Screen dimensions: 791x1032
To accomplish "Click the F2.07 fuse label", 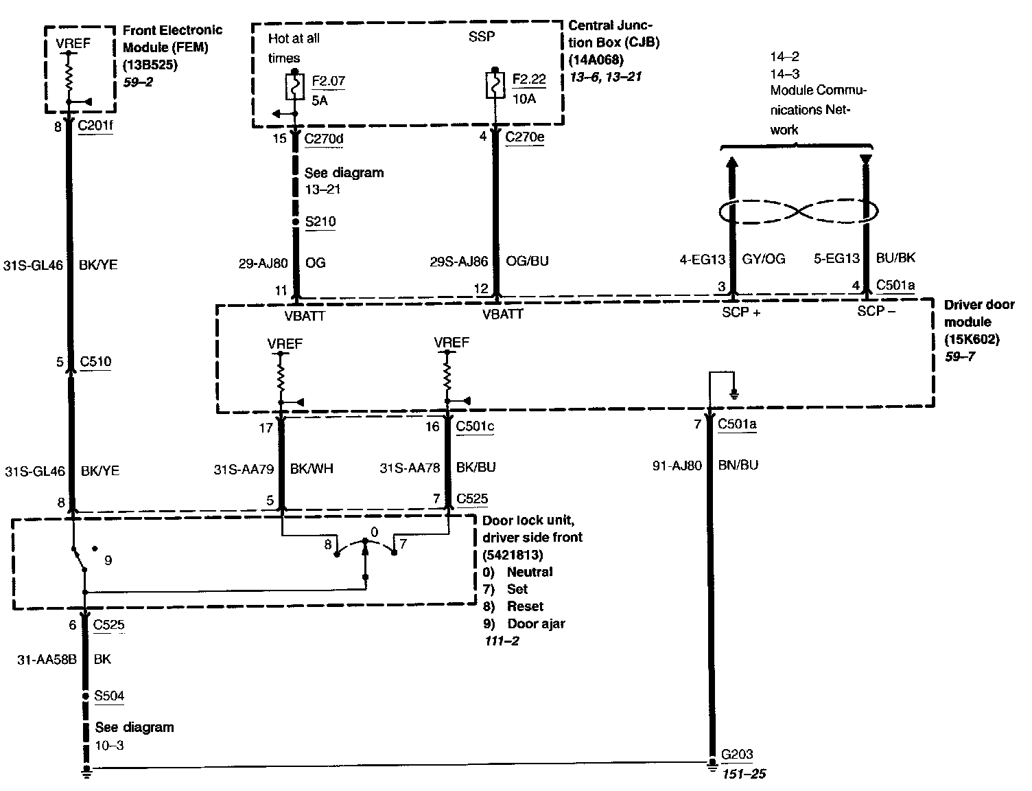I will (328, 82).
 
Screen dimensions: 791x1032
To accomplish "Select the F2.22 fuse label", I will (529, 80).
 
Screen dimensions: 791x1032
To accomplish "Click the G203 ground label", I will (736, 755).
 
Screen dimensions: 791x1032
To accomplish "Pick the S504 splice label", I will (109, 696).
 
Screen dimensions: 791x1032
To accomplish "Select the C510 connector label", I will (95, 362).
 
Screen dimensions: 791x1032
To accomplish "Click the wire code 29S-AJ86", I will (459, 261).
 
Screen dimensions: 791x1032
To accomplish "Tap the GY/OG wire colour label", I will (764, 259).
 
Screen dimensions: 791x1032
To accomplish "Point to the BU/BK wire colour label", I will (895, 258).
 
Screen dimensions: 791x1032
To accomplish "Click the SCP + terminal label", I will (742, 312).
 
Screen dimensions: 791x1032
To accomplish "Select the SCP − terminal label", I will (876, 311).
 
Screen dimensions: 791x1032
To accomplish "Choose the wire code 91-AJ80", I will (677, 466).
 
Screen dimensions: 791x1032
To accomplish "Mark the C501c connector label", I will (475, 426).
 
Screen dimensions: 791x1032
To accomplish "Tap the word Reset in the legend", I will (525, 606).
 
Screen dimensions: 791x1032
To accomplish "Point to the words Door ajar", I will (536, 623).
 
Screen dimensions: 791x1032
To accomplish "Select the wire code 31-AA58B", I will (47, 659).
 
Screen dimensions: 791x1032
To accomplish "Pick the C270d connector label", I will (324, 139).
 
